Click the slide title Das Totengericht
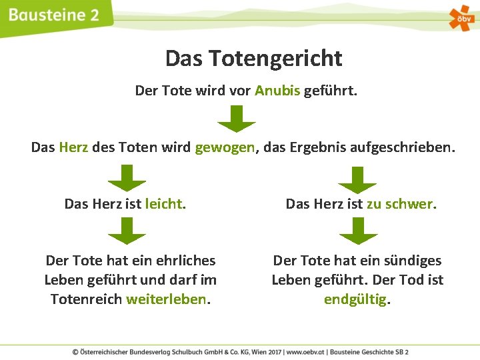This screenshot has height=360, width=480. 253,59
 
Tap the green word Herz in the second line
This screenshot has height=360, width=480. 73,147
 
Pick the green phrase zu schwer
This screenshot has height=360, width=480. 401,204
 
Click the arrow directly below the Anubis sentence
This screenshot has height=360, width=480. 237,118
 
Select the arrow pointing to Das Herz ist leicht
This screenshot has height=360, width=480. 127,178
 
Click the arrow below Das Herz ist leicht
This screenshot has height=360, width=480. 127,231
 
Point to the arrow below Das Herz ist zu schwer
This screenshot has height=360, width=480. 358,231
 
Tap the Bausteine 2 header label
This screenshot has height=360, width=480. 55,15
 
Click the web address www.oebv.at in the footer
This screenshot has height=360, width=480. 311,351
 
